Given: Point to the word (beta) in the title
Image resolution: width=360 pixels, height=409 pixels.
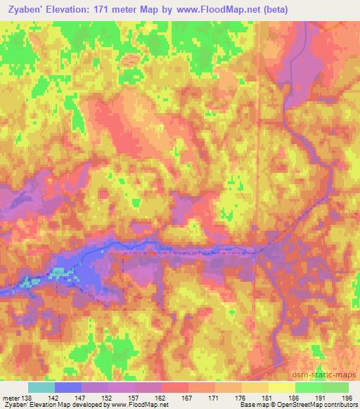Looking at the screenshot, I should coord(272,8).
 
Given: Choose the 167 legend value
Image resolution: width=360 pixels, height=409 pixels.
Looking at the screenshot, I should coord(188,397).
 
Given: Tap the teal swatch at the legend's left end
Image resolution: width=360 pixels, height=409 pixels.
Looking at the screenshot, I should coord(41,387).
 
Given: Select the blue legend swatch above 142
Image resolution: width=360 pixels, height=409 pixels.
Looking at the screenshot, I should coord(68,387).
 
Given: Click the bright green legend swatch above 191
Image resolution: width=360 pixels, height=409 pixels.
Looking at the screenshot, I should coord(308,387).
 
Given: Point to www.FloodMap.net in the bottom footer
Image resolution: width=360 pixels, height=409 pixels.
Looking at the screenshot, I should coord(141,405).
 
